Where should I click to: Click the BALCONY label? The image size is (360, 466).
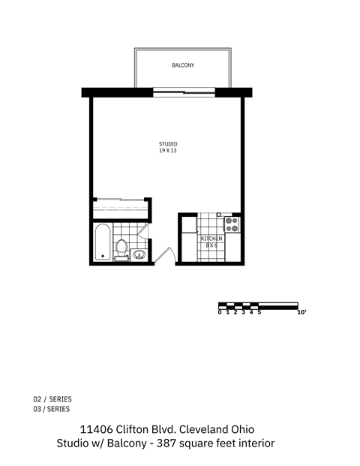click(x=183, y=66)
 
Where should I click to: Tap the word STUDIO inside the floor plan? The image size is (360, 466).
click(x=167, y=144)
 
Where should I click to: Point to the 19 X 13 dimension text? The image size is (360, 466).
click(x=167, y=151)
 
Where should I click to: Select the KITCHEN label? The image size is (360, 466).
click(x=211, y=239)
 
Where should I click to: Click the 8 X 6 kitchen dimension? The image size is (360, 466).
click(x=211, y=245)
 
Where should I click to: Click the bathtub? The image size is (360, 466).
click(x=103, y=243)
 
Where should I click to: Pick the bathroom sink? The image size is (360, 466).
click(x=139, y=254)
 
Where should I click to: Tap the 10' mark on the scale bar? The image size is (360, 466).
click(x=301, y=312)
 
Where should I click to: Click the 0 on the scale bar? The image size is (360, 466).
click(x=220, y=312)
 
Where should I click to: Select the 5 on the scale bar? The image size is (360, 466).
click(x=259, y=312)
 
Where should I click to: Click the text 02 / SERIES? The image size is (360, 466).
click(x=52, y=399)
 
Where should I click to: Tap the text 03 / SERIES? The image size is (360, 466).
click(x=52, y=409)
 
